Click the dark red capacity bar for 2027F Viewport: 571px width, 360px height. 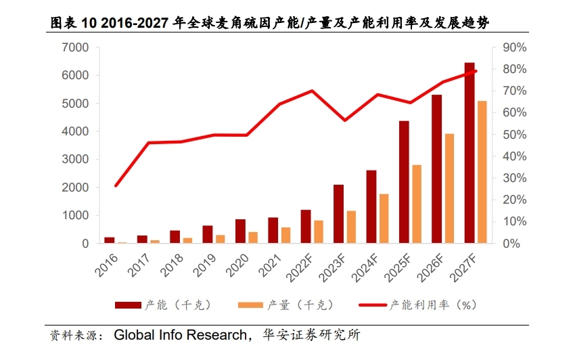[x=470, y=153]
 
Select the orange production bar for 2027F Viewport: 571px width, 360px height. [x=482, y=172]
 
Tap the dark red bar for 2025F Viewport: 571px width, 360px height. [x=404, y=181]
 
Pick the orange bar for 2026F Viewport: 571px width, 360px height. [x=449, y=188]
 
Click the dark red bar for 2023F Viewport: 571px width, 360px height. [x=338, y=213]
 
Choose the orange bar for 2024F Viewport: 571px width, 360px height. [x=384, y=218]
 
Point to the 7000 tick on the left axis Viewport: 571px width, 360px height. [x=75, y=47]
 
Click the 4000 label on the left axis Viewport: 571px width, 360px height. [x=75, y=131]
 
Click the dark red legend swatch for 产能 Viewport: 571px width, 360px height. [x=128, y=305]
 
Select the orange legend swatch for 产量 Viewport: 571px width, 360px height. [x=252, y=305]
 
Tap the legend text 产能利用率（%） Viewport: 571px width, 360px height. [x=434, y=305]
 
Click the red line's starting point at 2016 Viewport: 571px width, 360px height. [x=116, y=185]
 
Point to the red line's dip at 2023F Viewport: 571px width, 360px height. [x=345, y=120]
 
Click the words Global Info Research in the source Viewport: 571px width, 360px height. [x=181, y=335]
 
